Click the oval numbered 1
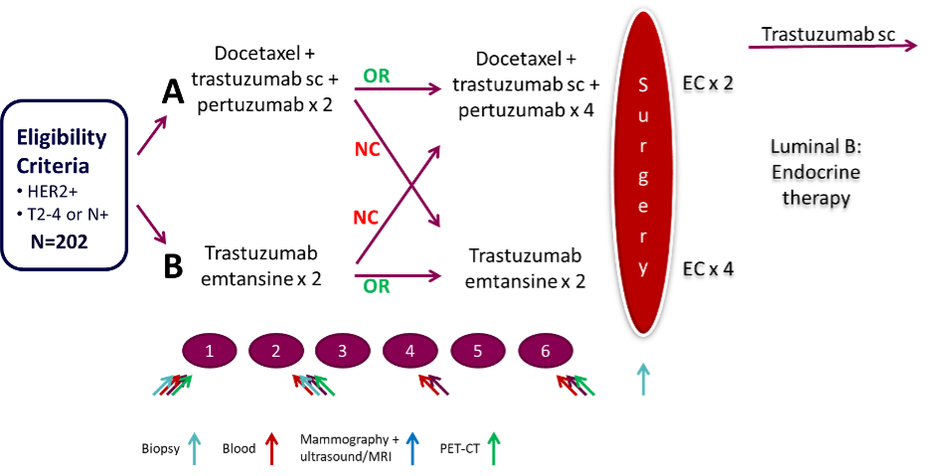210,350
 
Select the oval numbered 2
276,350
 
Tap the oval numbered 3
343,350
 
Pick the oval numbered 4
410,350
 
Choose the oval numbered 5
478,350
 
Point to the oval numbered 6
544,350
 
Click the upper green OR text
377,77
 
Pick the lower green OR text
377,287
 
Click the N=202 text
64,240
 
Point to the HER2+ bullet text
55,190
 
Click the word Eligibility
62,138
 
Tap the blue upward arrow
411,448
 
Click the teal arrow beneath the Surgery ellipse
643,380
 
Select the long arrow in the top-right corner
832,46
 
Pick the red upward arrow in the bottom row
271,448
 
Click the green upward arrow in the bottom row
494,448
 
